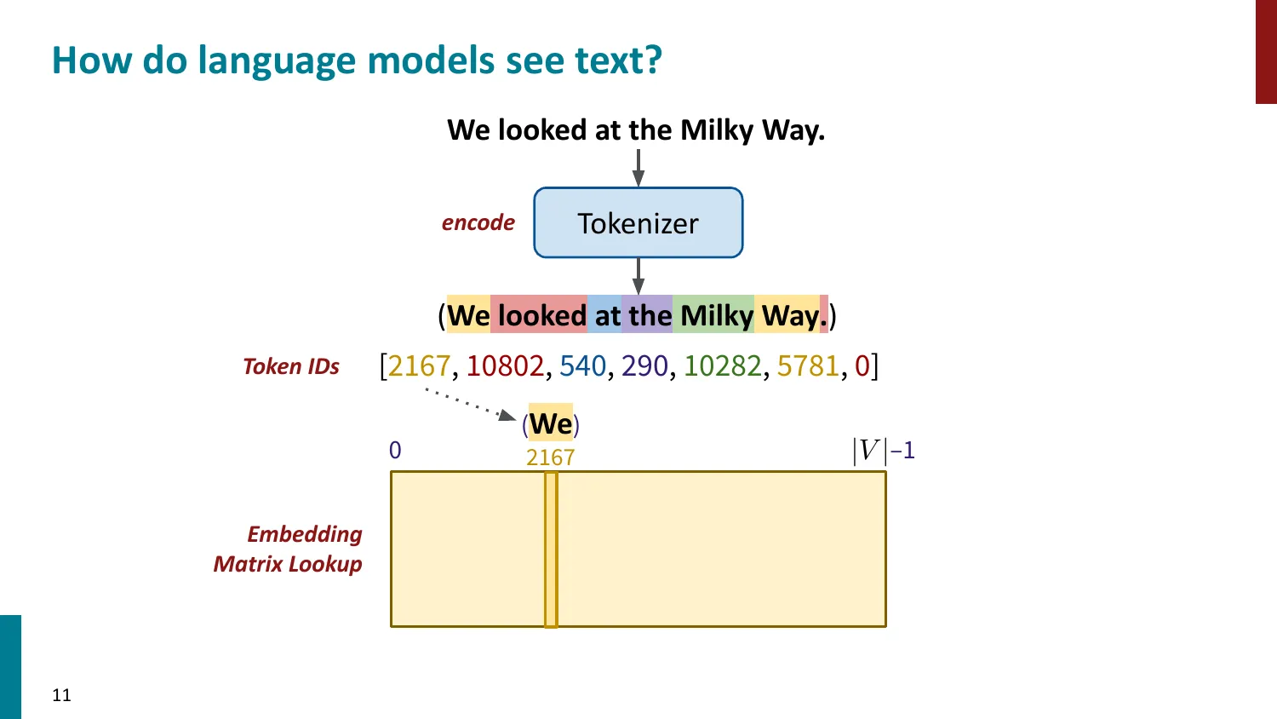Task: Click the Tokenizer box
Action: pyautogui.click(x=638, y=223)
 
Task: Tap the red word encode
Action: pyautogui.click(x=478, y=223)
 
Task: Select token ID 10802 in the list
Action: pyautogui.click(x=505, y=366)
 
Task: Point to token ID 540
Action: pyautogui.click(x=583, y=366)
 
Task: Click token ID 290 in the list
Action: pyautogui.click(x=644, y=366)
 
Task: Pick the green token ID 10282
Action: pyautogui.click(x=723, y=366)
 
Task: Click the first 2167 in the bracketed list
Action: pyautogui.click(x=419, y=366)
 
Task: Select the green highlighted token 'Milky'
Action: pyautogui.click(x=717, y=316)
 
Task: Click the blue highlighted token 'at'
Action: pyautogui.click(x=607, y=316)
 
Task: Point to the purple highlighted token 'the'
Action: pyautogui.click(x=650, y=316)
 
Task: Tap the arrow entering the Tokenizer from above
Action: pyautogui.click(x=638, y=168)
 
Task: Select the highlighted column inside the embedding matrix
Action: pyautogui.click(x=551, y=549)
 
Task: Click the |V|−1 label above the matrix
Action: pyautogui.click(x=883, y=450)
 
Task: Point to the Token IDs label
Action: pyautogui.click(x=291, y=366)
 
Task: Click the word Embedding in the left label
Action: pyautogui.click(x=305, y=534)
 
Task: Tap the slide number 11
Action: pyautogui.click(x=61, y=695)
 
